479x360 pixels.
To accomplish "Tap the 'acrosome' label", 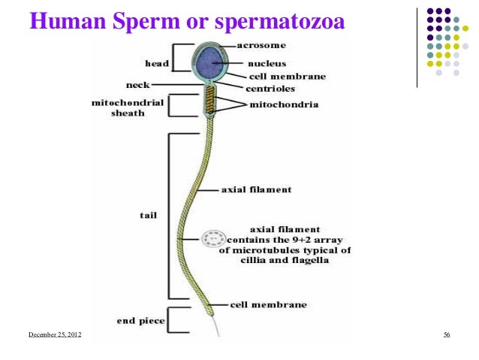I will [261, 45].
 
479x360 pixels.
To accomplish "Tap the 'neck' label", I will [137, 84].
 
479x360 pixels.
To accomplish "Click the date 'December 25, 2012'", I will [56, 334].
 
